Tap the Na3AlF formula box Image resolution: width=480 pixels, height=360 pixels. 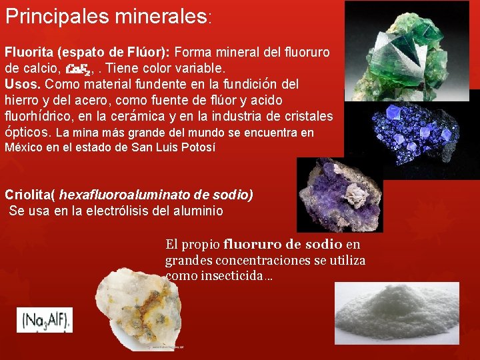point(45,320)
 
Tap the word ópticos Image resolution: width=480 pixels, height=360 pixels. point(27,132)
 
